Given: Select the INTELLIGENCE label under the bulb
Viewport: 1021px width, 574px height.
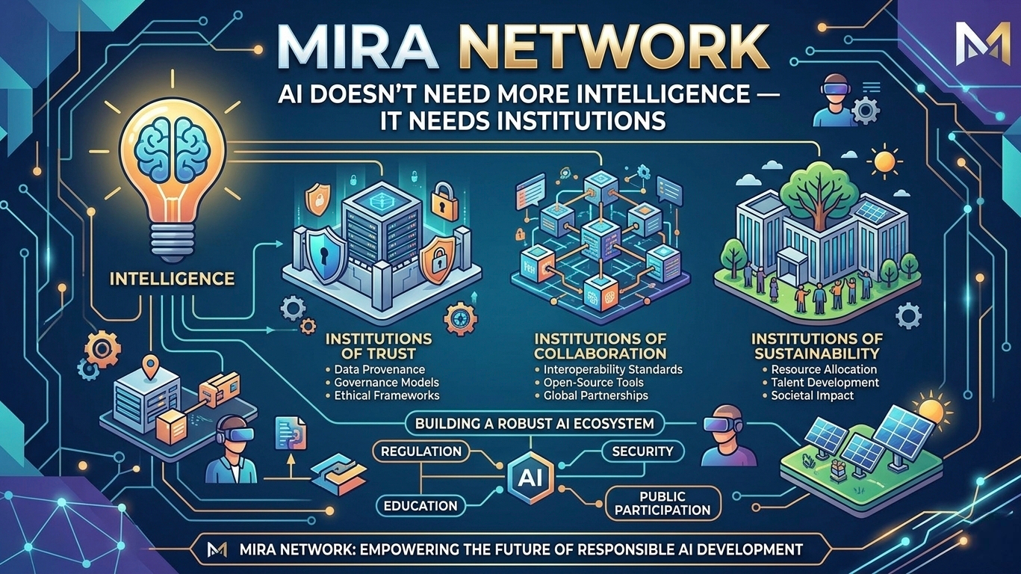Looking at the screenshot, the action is coord(171,280).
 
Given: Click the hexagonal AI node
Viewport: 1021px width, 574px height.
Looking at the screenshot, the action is coord(525,475).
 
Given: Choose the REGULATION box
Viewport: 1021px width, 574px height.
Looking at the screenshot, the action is coord(420,451).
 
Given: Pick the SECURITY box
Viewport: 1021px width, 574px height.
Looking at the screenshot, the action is coord(642,451).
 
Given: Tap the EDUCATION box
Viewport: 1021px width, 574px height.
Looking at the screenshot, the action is coord(420,505).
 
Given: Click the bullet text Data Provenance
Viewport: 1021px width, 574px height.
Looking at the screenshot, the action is coord(379,369).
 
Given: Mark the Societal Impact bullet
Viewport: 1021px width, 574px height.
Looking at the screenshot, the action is coord(813,395).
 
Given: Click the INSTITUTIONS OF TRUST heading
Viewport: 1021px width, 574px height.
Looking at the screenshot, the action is coord(379,345).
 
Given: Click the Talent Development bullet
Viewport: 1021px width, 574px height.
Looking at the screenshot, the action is coord(820,383).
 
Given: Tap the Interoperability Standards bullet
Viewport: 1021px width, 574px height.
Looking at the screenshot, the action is coord(608,369).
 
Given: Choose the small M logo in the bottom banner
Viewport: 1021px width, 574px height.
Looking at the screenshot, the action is coord(217,549).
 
